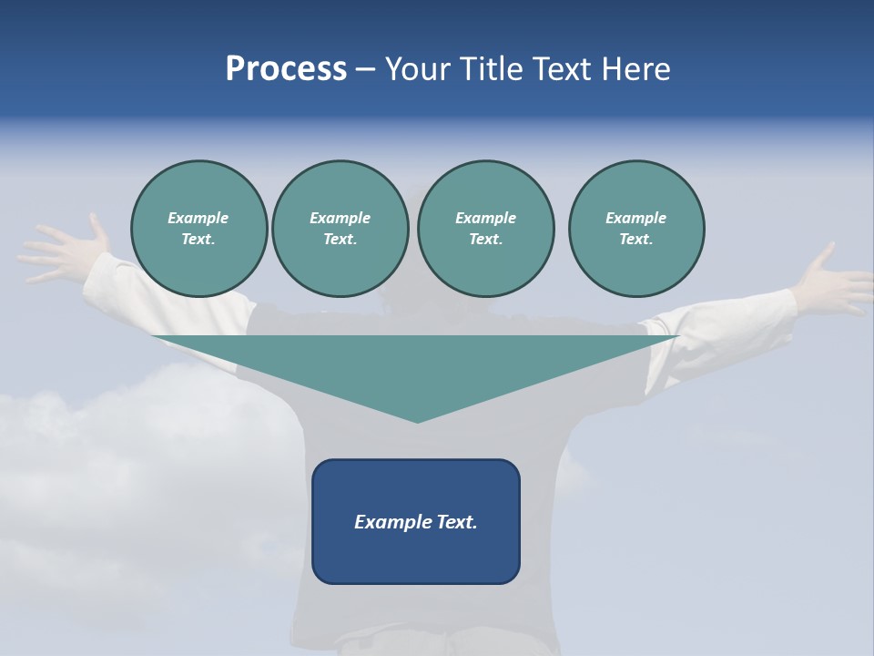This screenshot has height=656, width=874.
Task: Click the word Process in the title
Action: coord(286,69)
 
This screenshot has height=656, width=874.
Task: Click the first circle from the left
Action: coord(198,229)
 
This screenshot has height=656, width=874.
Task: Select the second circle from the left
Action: coord(340,229)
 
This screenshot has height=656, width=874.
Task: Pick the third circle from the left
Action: coord(485,229)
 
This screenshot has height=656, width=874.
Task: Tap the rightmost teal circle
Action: coord(635,229)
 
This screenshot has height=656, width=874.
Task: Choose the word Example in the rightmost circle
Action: coord(635,218)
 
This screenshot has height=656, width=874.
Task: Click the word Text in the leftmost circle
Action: coord(198,240)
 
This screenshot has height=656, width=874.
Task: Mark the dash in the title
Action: coord(365,69)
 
